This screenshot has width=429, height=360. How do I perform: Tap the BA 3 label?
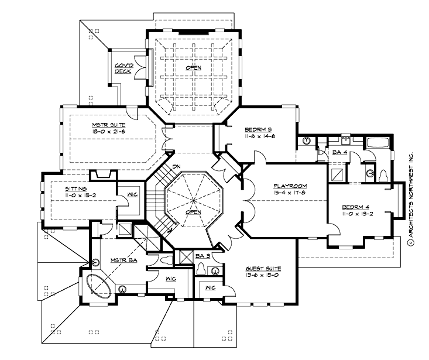click(x=204, y=256)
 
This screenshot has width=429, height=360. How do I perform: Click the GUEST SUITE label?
click(x=263, y=268)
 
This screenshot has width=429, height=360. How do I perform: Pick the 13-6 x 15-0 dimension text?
click(x=263, y=275)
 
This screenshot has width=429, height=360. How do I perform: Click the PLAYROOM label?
click(x=289, y=186)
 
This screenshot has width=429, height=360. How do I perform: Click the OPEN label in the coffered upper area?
click(x=193, y=68)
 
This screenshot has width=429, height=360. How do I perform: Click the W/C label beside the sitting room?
click(x=132, y=196)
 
